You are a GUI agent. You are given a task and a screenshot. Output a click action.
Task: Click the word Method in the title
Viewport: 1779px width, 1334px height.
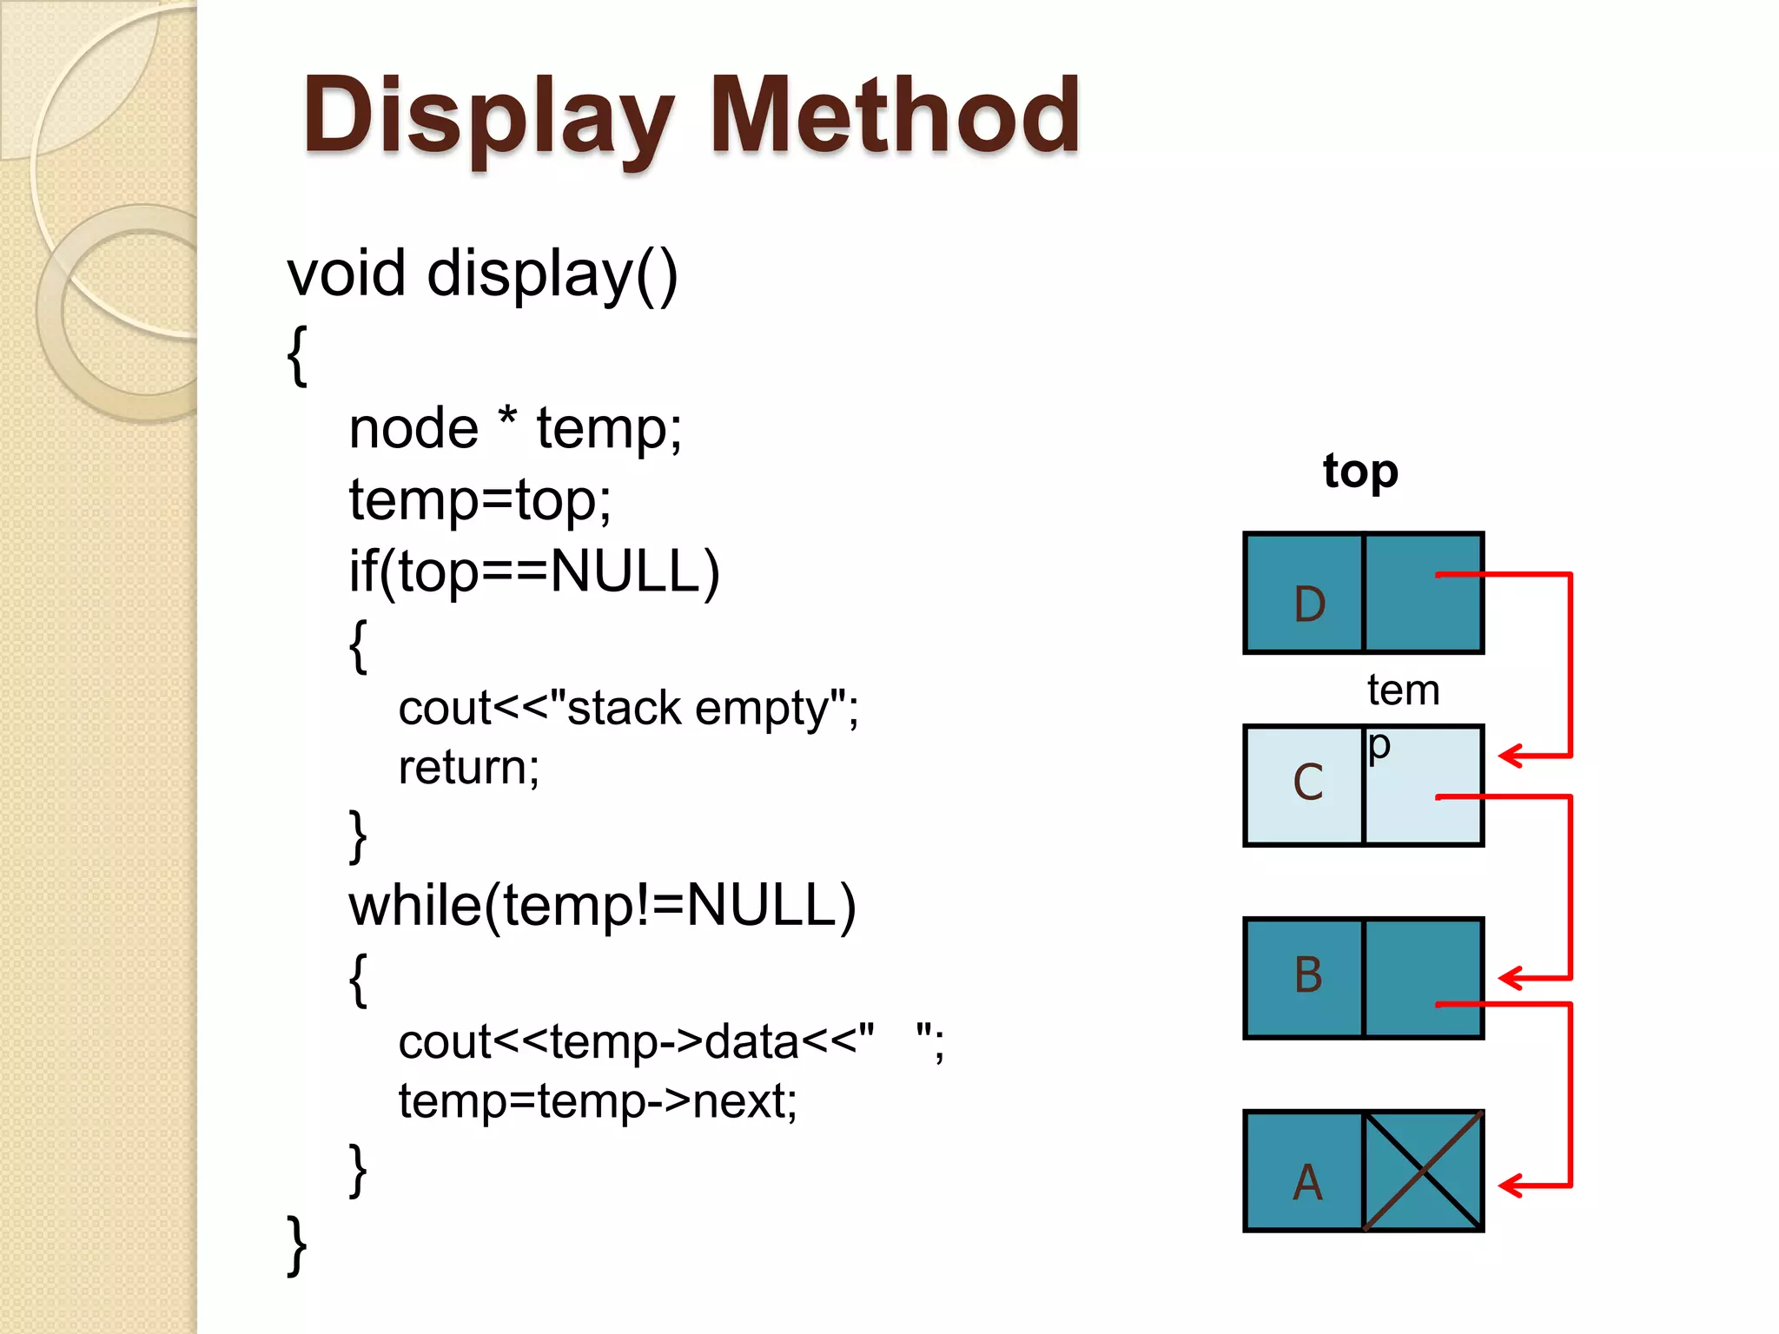tap(895, 116)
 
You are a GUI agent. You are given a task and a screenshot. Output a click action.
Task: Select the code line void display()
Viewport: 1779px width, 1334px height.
tap(482, 274)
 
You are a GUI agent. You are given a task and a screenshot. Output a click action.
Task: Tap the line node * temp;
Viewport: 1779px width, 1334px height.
tap(515, 429)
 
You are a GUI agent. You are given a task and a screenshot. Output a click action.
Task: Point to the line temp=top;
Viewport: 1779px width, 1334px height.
tap(479, 500)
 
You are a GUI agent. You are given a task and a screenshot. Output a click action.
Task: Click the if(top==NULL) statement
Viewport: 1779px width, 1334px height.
tap(534, 571)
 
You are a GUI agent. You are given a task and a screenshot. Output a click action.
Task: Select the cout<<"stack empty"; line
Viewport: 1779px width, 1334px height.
tap(628, 708)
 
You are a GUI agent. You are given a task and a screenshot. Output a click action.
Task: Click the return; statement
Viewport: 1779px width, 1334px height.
tap(468, 768)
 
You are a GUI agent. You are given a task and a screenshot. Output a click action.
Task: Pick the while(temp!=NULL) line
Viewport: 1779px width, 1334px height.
tap(602, 906)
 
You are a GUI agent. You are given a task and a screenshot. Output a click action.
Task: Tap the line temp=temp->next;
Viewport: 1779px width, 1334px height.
tap(598, 1101)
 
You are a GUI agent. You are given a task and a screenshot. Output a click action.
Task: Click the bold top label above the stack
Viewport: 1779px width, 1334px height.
tap(1360, 472)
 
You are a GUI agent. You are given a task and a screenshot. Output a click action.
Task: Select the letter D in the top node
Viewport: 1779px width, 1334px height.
tap(1309, 604)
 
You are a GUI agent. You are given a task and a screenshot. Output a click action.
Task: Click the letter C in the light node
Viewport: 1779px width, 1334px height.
tap(1307, 783)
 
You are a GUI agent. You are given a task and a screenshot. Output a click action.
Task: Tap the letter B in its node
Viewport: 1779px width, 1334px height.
tap(1307, 974)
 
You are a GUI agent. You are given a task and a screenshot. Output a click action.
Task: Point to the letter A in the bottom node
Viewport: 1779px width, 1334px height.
tap(1307, 1183)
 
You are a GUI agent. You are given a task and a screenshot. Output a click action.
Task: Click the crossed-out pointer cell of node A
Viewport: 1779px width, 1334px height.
tap(1423, 1171)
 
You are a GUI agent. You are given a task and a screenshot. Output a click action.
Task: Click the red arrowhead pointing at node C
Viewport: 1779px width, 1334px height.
tap(1511, 756)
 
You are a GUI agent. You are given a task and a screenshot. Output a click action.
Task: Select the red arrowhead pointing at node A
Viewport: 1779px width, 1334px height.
tap(1511, 1185)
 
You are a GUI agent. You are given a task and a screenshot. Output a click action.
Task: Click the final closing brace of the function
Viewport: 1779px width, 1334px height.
tap(296, 1245)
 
